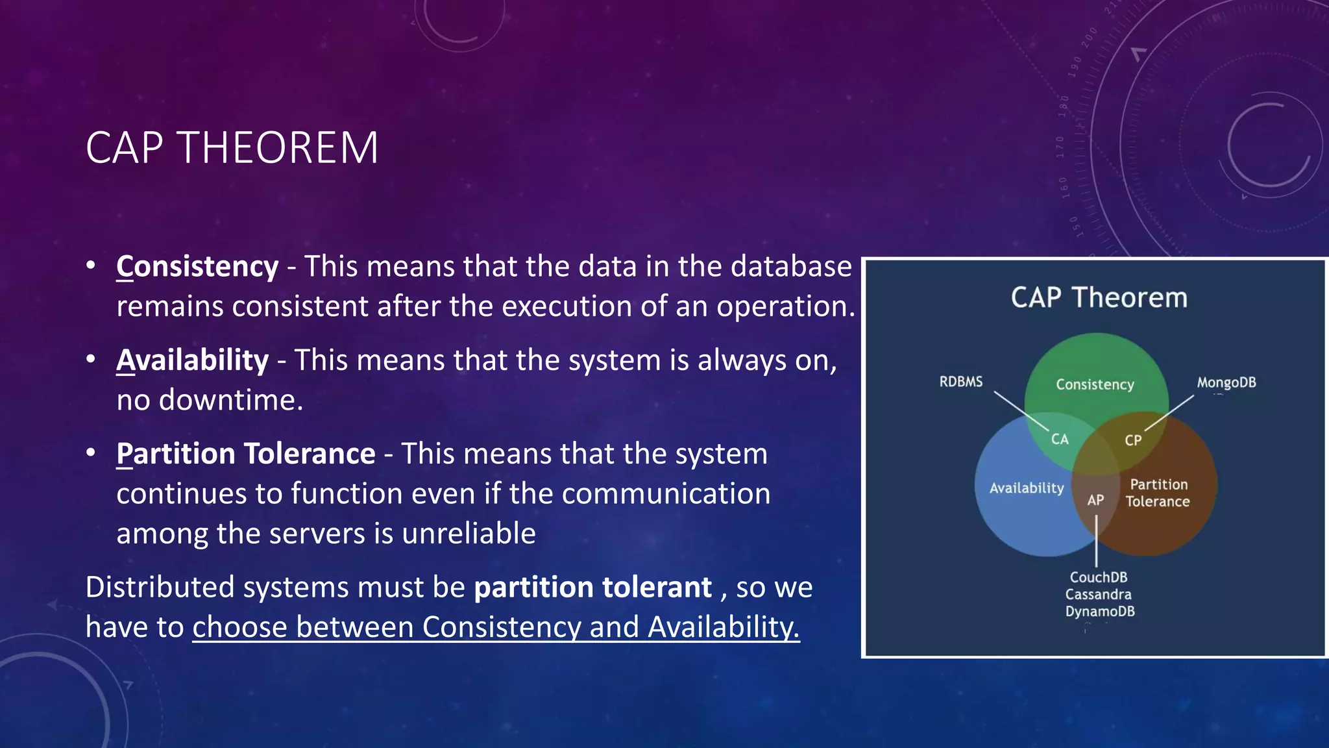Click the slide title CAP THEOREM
pyautogui.click(x=232, y=148)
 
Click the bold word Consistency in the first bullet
pyautogui.click(x=197, y=267)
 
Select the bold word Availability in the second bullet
pyautogui.click(x=192, y=360)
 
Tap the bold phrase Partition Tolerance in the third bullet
pyautogui.click(x=246, y=454)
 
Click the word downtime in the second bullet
pyautogui.click(x=231, y=400)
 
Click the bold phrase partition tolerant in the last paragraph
pyautogui.click(x=592, y=588)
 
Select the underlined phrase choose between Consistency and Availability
pyautogui.click(x=496, y=627)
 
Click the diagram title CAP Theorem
pyautogui.click(x=1099, y=297)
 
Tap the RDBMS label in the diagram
pyautogui.click(x=960, y=382)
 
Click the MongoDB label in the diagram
pyautogui.click(x=1226, y=382)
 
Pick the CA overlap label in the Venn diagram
pyautogui.click(x=1060, y=440)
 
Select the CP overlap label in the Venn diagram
pyautogui.click(x=1133, y=440)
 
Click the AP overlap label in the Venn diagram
pyautogui.click(x=1095, y=500)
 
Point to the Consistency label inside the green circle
pyautogui.click(x=1095, y=384)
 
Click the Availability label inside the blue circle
pyautogui.click(x=1026, y=488)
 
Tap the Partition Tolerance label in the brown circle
pyautogui.click(x=1158, y=493)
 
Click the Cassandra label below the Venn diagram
pyautogui.click(x=1098, y=594)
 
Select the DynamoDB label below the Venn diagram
pyautogui.click(x=1099, y=611)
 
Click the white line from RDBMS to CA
pyautogui.click(x=1020, y=410)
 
